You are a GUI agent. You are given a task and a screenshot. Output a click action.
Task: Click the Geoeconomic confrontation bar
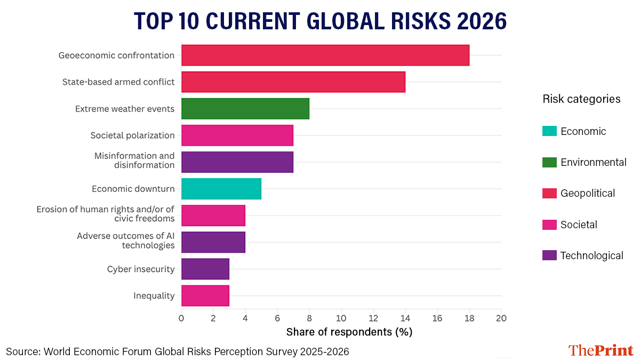point(325,55)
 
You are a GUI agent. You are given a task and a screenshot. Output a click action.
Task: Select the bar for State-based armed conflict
point(293,82)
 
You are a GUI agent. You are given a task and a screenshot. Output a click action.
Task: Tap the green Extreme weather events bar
point(245,109)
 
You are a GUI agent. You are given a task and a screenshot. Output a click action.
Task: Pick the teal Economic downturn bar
point(221,189)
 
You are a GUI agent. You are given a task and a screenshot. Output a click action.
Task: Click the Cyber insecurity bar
point(205,269)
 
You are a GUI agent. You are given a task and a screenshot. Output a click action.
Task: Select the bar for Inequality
point(205,295)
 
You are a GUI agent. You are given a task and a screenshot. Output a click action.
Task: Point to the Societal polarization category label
point(132,135)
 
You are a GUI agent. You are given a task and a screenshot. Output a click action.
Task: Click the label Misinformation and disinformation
point(134,161)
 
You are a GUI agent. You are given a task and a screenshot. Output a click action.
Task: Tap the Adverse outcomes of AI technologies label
point(126,241)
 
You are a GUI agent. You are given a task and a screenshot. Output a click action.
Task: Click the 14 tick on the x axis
point(405,318)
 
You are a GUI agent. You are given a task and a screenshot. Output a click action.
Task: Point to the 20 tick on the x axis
point(501,318)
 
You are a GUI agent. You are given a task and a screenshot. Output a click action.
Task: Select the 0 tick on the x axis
point(181,318)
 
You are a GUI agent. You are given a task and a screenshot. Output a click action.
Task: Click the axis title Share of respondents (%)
point(349,332)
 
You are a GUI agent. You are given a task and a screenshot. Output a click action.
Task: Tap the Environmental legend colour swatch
point(549,162)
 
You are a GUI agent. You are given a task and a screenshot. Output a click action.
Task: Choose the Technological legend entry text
point(591,255)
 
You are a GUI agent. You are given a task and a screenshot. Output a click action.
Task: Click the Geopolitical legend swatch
point(549,193)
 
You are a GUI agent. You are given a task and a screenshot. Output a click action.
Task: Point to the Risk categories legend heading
point(581,99)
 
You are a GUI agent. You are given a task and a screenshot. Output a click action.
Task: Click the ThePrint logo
point(601,350)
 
